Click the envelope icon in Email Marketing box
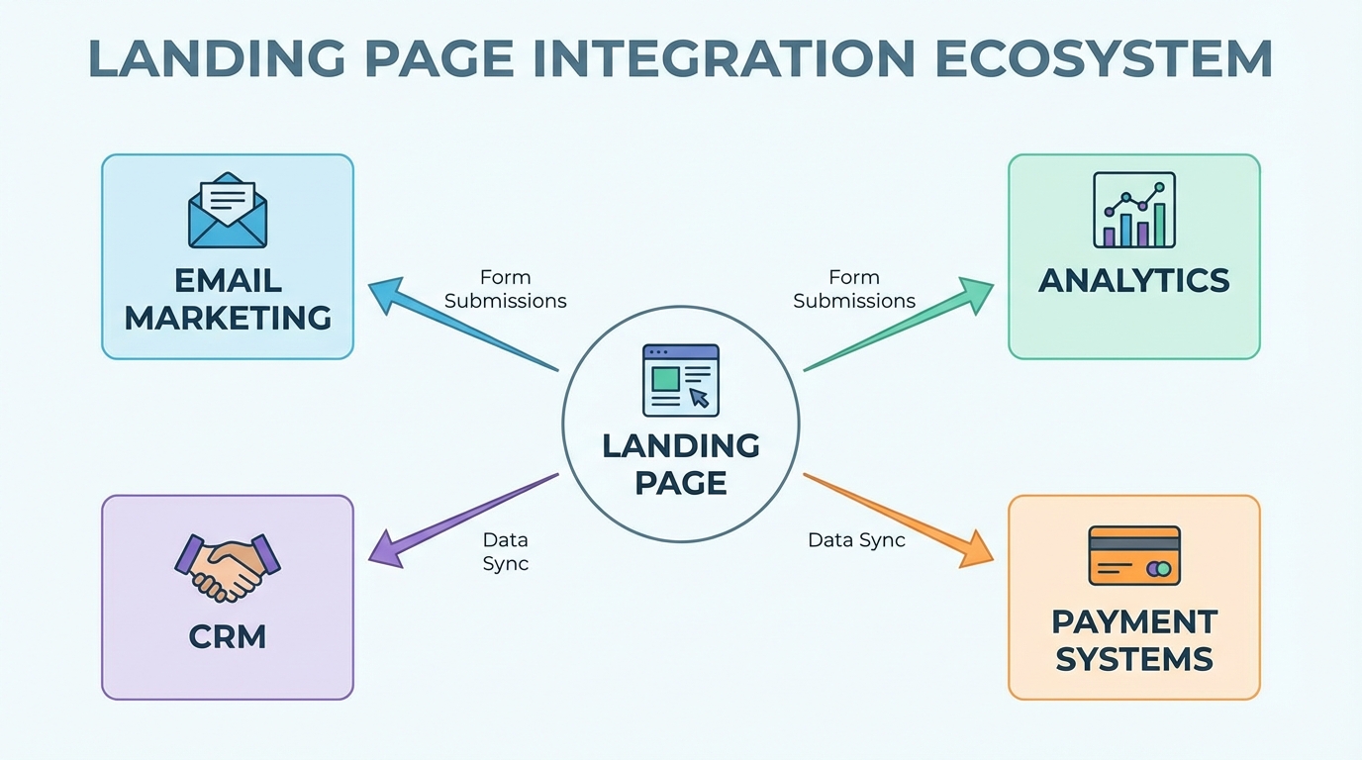(228, 210)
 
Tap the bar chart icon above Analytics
(1134, 210)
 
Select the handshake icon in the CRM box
(228, 567)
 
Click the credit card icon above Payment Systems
(1134, 555)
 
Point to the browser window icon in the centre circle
(681, 380)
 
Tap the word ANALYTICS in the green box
(1134, 281)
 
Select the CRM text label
(228, 636)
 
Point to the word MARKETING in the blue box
(228, 318)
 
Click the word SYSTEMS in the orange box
(1134, 658)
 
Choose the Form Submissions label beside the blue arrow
(505, 289)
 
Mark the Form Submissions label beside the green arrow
(854, 289)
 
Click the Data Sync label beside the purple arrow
(506, 552)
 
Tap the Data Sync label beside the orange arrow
(856, 540)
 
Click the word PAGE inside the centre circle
(681, 483)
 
